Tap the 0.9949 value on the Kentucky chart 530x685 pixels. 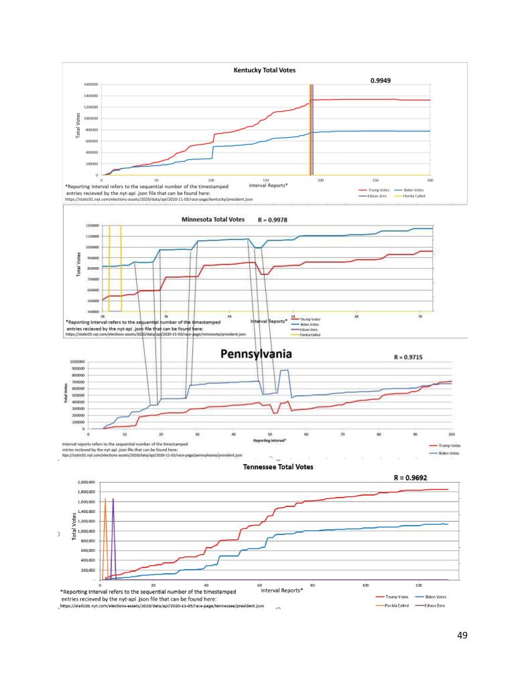coord(381,80)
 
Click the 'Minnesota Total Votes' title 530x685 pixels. coord(214,219)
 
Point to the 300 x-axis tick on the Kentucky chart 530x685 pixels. coord(430,180)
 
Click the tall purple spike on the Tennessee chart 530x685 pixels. coord(113,522)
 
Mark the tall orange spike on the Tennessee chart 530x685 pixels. coord(105,522)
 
